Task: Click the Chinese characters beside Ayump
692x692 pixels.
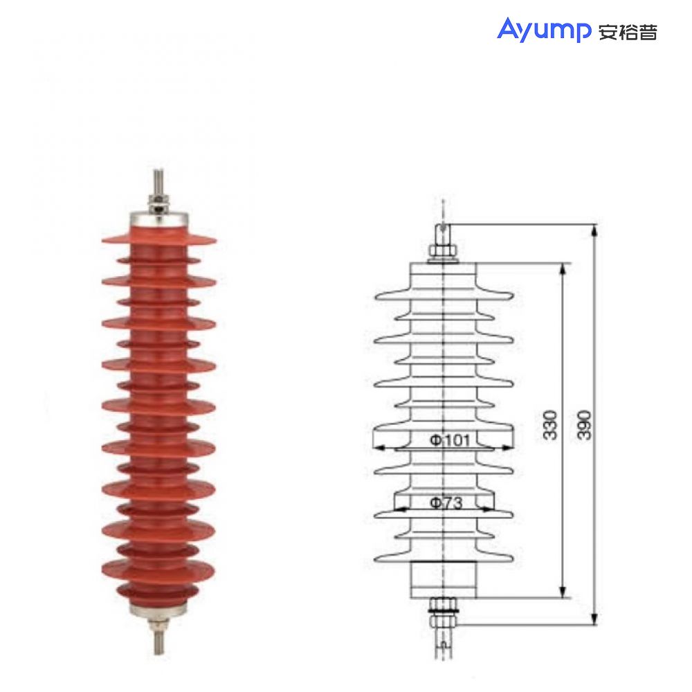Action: pyautogui.click(x=627, y=32)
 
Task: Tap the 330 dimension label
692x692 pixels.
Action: pyautogui.click(x=549, y=425)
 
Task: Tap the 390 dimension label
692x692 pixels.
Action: pyautogui.click(x=585, y=425)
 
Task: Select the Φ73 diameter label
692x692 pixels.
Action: pyautogui.click(x=445, y=503)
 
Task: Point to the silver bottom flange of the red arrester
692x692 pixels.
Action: pyautogui.click(x=158, y=609)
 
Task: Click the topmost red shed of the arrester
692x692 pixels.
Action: pyautogui.click(x=158, y=239)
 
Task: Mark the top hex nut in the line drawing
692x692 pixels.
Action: pyautogui.click(x=442, y=251)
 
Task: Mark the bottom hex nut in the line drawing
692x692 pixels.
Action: pyautogui.click(x=442, y=606)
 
